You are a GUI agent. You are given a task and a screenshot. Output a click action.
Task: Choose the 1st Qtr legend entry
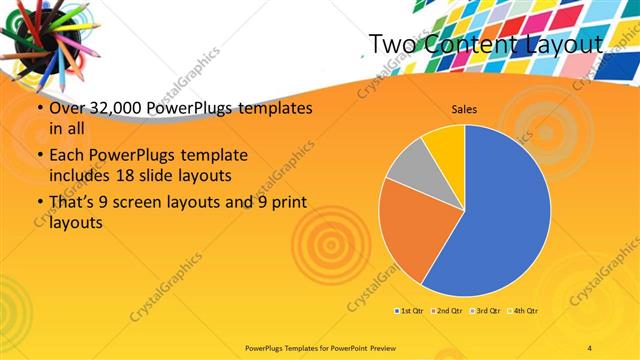[409, 311]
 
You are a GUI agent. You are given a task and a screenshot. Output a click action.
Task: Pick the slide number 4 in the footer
[590, 346]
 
